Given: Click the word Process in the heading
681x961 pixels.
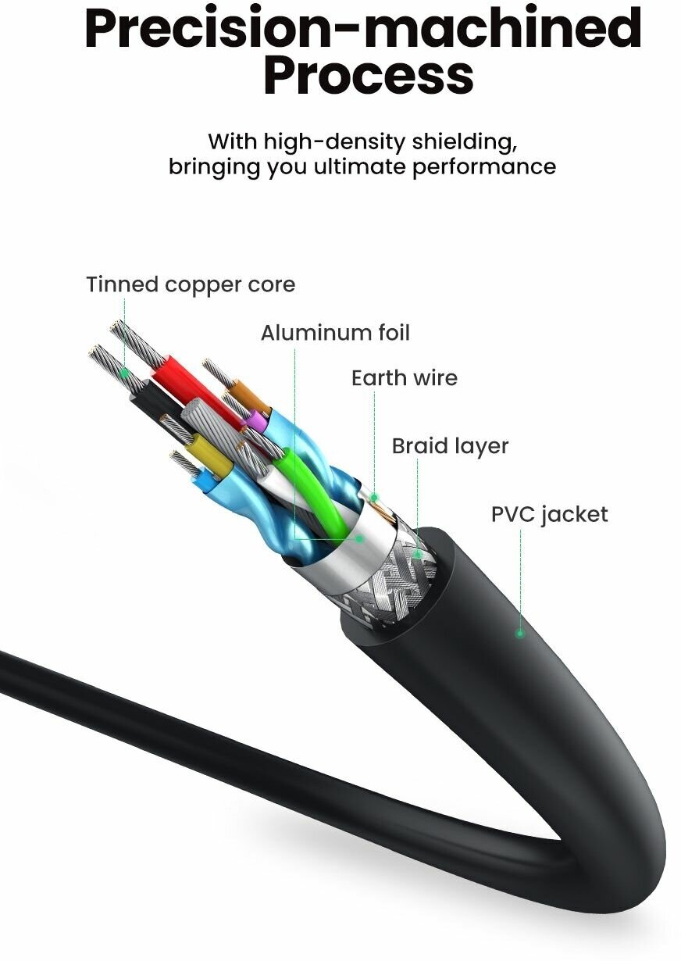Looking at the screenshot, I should tap(368, 75).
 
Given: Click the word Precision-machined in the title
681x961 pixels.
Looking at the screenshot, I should tap(362, 28).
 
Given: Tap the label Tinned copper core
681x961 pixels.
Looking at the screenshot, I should tap(191, 284).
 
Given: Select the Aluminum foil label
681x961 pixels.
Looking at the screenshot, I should tap(335, 333).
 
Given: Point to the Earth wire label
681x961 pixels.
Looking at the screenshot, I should tap(404, 378).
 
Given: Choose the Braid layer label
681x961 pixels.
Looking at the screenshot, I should tap(450, 446).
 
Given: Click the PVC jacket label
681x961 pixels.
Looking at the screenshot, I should tap(549, 514).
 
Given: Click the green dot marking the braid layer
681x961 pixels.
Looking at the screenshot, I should tap(418, 554).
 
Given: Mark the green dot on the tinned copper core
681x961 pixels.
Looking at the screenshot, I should tap(124, 373).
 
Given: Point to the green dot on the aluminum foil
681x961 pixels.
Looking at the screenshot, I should tap(359, 538).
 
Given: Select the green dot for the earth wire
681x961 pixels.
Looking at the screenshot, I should tap(374, 497).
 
